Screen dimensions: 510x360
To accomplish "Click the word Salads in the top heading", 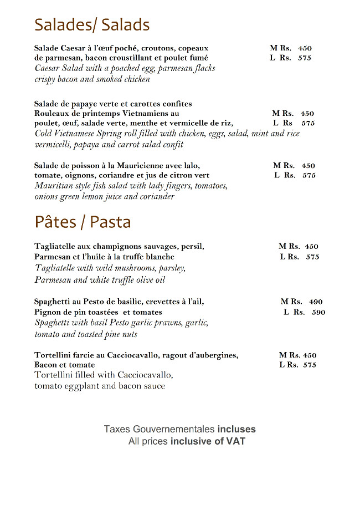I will click(122, 25).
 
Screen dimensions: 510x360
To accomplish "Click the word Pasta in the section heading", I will click(110, 222).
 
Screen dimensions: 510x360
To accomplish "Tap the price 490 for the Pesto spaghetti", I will click(316, 302).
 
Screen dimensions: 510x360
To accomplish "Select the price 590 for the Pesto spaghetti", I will click(318, 312).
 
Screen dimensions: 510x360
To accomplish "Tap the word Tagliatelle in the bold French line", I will click(56, 246).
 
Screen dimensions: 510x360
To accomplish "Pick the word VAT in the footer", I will click(235, 442).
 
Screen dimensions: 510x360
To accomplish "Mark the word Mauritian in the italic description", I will click(54, 186).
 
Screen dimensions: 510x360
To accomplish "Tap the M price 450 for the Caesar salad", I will click(305, 48).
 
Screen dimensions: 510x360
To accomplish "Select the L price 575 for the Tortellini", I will click(310, 365).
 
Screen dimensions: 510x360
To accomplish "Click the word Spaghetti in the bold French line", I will click(53, 302).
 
